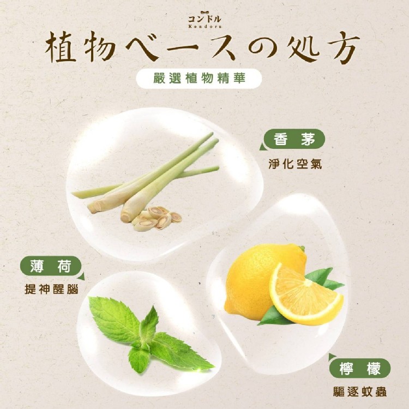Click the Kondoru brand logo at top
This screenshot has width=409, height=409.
click(204, 19)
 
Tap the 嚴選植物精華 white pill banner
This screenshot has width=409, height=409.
click(199, 79)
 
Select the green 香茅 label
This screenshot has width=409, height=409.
click(294, 139)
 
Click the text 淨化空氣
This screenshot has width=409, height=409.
click(295, 164)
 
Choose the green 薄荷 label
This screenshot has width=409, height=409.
click(51, 266)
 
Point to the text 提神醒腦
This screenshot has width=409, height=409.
click(51, 289)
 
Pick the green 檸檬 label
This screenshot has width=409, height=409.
click(360, 369)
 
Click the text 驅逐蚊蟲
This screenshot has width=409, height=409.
click(360, 392)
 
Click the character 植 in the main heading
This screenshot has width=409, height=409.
click(61, 47)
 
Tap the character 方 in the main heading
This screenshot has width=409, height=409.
click(343, 47)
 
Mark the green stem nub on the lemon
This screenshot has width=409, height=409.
click(302, 248)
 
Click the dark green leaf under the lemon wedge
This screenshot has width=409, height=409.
click(274, 316)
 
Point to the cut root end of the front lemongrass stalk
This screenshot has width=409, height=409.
click(125, 217)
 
